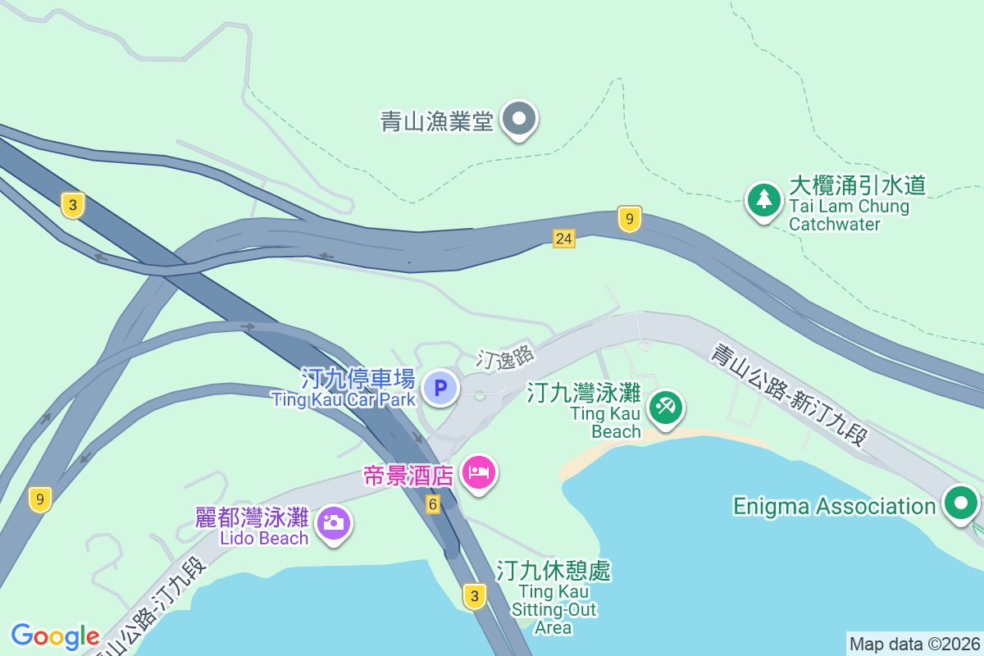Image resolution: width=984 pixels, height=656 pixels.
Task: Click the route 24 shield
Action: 563,239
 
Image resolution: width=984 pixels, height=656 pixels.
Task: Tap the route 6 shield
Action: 433,504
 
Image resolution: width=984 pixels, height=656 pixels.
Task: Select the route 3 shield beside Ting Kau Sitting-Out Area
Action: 474,595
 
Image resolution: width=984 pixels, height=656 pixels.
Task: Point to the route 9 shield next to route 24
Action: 629,219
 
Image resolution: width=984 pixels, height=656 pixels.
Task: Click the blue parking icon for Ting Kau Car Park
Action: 440,387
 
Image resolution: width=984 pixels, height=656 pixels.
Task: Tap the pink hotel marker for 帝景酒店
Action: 479,473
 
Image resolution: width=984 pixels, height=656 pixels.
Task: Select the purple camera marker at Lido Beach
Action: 334,522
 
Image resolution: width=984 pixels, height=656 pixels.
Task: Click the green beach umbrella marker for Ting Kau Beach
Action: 665,407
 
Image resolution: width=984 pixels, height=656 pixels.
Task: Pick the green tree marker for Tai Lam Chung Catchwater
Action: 763,199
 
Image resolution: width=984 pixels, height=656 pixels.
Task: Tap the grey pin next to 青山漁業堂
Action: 518,120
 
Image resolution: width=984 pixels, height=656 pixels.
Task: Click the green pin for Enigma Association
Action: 960,503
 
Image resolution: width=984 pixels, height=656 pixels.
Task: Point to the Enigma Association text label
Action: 834,506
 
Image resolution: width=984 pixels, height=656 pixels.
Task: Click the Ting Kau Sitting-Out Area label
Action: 553,599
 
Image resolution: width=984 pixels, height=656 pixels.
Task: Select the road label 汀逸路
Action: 506,357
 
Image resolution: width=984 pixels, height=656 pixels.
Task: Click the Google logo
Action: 55,636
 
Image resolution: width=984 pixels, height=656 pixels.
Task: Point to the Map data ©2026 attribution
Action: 914,644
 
